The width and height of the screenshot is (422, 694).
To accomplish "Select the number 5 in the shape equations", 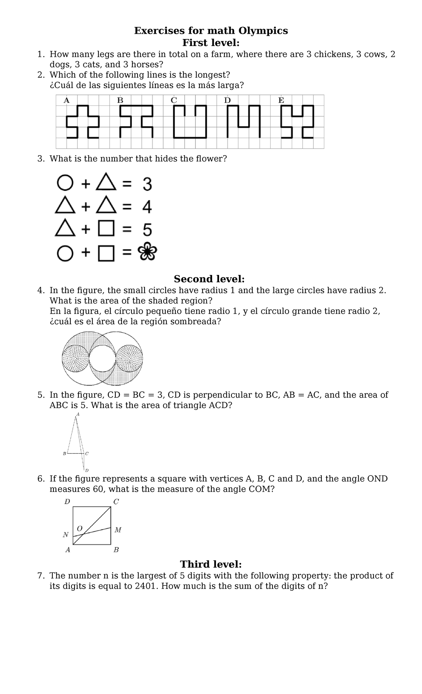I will (x=147, y=230).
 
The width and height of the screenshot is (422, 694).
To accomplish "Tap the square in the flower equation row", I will (x=106, y=253).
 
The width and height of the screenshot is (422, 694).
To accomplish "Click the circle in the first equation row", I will (x=65, y=183).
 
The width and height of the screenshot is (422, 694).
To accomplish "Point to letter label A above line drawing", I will (x=66, y=100).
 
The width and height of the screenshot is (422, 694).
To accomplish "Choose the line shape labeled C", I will (x=190, y=122).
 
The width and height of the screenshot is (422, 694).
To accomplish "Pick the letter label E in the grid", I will (x=281, y=100).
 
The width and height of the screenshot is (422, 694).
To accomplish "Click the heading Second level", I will (x=209, y=279).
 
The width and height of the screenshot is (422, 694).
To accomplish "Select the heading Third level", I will (x=211, y=564).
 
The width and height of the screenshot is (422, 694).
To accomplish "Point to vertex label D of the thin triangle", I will (x=87, y=470).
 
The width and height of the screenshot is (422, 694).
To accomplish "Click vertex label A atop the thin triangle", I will (x=78, y=414).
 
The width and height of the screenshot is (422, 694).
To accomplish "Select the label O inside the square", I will (x=79, y=529).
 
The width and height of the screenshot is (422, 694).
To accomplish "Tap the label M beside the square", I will (x=118, y=530).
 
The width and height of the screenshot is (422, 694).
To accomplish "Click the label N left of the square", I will (x=66, y=535).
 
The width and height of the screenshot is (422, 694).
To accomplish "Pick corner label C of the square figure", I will (x=116, y=502).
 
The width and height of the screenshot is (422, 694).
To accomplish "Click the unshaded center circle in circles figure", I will (x=102, y=358).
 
